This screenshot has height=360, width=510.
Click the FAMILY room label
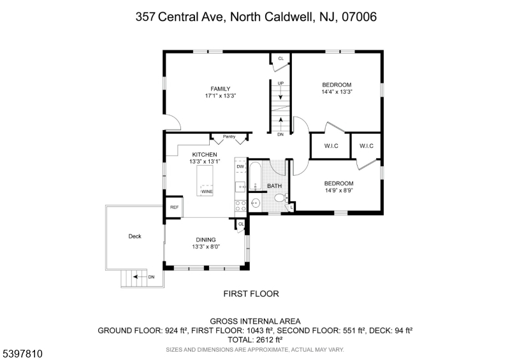(x=220, y=89)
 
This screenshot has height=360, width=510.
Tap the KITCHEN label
(x=205, y=154)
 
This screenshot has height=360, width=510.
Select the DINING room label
(x=206, y=240)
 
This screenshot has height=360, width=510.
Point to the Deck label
(x=135, y=236)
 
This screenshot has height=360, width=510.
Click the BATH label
(x=275, y=186)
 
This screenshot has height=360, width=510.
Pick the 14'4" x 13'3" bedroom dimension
(x=337, y=92)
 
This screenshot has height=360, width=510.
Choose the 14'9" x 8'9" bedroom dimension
(x=339, y=191)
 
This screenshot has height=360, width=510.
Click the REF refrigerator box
(x=174, y=207)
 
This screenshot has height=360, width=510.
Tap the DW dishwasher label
(x=240, y=166)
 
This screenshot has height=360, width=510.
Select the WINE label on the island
(x=207, y=192)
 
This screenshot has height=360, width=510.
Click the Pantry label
(x=229, y=136)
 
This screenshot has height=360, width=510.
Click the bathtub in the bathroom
(x=255, y=176)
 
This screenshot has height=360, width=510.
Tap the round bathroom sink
(x=256, y=203)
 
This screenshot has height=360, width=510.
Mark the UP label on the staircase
(x=280, y=83)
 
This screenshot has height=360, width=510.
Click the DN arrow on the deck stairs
(x=140, y=277)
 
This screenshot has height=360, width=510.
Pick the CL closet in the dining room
(x=241, y=224)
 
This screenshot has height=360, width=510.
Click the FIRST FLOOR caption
(x=251, y=294)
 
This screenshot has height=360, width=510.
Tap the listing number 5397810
(x=23, y=354)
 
